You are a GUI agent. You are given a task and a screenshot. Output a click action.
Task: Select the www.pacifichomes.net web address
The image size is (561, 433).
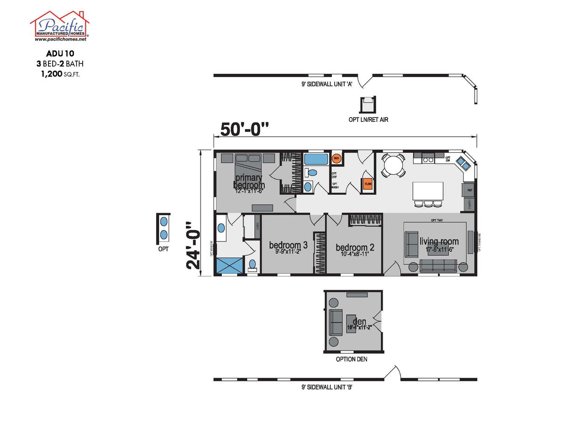pos(60,40)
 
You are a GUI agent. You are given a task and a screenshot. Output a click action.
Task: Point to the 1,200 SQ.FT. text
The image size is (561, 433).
pos(61,73)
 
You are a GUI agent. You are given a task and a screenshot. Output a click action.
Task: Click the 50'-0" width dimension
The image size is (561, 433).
pos(244,129)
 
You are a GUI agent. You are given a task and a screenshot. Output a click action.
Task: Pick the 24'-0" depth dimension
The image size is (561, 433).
pos(194,246)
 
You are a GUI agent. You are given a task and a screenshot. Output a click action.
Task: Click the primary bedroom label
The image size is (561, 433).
pos(249,181)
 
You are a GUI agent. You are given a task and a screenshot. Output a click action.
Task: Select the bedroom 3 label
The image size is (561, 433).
pos(288,246)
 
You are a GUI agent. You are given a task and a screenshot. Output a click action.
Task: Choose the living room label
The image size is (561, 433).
pos(439,242)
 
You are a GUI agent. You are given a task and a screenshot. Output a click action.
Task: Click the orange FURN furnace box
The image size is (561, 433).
pos(368,184)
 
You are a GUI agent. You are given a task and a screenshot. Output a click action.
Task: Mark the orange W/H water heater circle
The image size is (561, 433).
pos(336,158)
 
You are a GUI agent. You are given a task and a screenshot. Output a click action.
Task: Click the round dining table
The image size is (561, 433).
pos(393,164)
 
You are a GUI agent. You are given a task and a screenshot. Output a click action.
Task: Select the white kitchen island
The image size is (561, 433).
pos(427,191)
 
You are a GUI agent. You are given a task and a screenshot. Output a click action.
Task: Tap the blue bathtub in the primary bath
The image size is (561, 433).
pos(316,159)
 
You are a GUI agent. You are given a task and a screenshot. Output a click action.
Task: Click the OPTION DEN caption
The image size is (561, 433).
pos(352,359)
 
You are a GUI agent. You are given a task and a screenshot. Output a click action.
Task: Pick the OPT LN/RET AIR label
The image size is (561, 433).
pos(368,120)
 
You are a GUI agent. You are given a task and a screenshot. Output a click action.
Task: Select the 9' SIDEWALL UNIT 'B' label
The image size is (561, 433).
pos(327,388)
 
